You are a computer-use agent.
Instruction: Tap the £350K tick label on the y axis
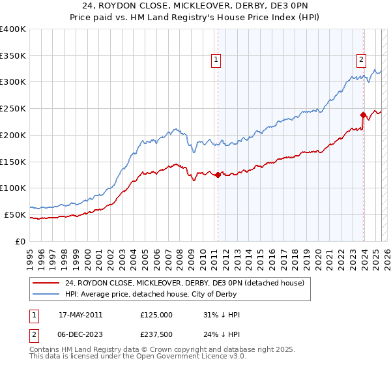point(13,56)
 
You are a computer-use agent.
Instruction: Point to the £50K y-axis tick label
point(15,214)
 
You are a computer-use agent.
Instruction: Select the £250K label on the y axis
point(13,109)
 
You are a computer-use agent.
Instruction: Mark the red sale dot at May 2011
point(218,175)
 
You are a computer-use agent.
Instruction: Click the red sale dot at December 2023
point(362,115)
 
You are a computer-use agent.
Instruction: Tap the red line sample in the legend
point(46,283)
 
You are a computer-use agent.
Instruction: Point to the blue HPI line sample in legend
point(46,295)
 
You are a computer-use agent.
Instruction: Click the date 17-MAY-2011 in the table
point(80,315)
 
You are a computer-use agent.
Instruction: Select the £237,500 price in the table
point(156,336)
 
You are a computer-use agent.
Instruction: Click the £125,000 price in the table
point(156,315)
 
